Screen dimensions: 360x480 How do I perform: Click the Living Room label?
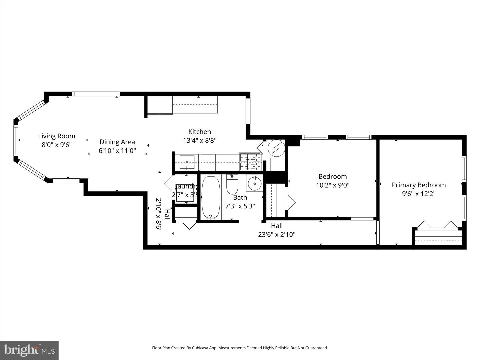[57, 136]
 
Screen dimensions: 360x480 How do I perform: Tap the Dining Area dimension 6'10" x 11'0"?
[117, 151]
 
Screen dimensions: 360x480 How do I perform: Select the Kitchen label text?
[200, 132]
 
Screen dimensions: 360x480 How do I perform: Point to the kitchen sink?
[187, 162]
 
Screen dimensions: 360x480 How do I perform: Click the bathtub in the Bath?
[211, 198]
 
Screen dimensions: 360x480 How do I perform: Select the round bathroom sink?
[255, 183]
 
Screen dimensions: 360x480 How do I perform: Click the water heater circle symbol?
[277, 148]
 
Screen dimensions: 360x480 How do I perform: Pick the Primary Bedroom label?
[419, 185]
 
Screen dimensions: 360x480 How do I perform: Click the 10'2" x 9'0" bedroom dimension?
[332, 185]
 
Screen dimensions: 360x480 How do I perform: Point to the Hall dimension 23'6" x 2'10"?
[277, 235]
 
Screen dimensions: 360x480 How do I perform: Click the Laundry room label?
[185, 187]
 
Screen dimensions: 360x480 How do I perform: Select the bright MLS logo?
[29, 350]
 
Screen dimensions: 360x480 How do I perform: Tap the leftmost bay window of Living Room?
[16, 140]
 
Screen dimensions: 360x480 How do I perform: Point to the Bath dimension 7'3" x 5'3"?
[240, 206]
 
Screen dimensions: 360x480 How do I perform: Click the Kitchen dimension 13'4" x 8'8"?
[200, 141]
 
